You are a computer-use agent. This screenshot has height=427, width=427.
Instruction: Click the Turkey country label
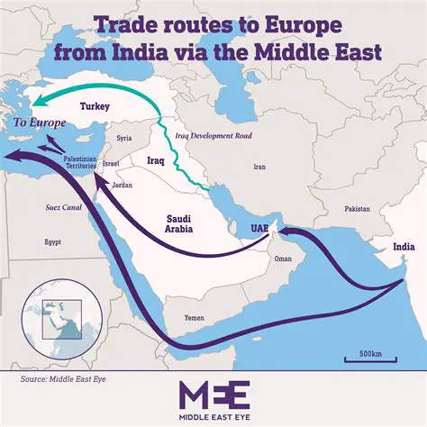point(95,106)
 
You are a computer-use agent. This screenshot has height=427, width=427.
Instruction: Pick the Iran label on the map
point(260,167)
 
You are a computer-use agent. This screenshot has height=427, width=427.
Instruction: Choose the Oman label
point(283,259)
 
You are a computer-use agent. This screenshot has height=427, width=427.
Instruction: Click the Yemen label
point(194,318)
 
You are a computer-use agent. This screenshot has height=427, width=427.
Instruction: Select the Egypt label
point(53,242)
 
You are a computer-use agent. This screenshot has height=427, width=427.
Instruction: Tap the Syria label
point(124,138)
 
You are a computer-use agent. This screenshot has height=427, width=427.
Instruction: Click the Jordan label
point(122,185)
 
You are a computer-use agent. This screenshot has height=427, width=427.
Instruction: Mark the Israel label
point(111,164)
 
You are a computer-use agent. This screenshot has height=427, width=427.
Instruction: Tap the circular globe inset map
point(58,313)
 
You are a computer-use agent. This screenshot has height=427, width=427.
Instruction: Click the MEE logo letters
point(213,396)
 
